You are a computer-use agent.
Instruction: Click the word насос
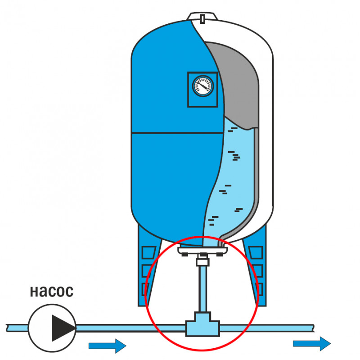tap(51, 292)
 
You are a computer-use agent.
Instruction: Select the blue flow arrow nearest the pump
tap(107, 346)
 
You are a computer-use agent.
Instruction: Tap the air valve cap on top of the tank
tap(203, 18)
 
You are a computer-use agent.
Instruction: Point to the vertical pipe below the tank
tap(203, 288)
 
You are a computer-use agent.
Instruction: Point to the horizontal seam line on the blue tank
tap(178, 133)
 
